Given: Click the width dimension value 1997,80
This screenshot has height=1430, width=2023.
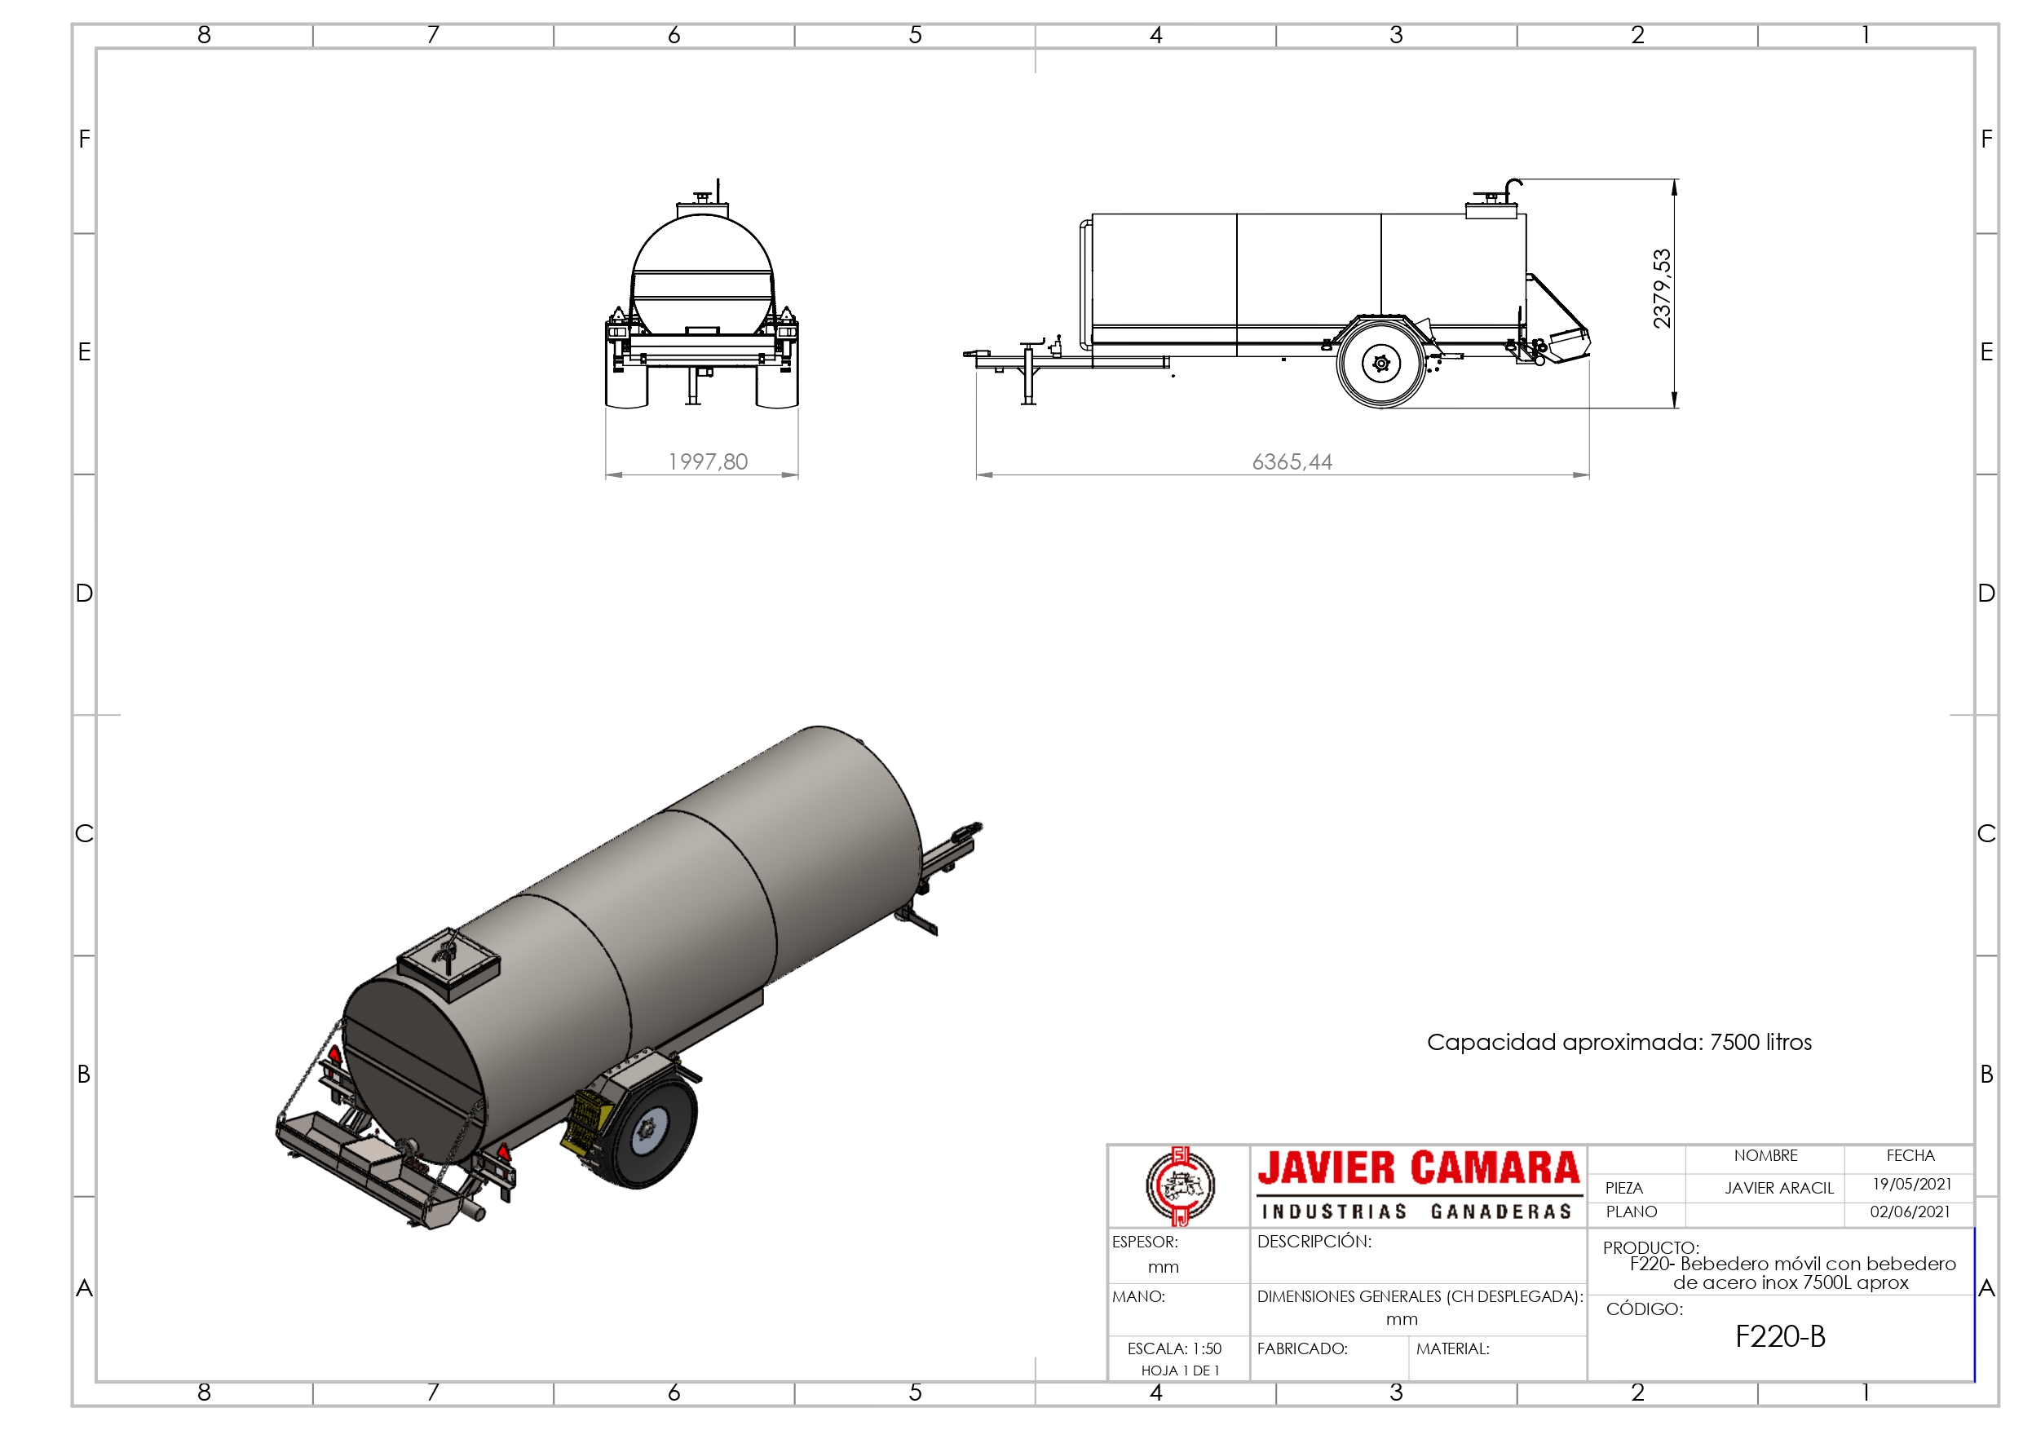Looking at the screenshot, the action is pyautogui.click(x=708, y=461).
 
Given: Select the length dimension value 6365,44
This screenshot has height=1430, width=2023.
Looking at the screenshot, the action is pyautogui.click(x=1292, y=461).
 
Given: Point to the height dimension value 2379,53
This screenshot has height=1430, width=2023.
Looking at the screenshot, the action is pyautogui.click(x=1662, y=289).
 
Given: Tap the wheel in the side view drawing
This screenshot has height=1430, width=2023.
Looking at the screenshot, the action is pyautogui.click(x=1380, y=363).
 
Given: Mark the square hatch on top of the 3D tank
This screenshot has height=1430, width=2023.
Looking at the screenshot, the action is pyautogui.click(x=448, y=964).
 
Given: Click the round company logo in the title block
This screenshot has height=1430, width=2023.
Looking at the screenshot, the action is pyautogui.click(x=1180, y=1186).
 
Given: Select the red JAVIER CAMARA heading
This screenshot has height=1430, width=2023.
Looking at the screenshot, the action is pyautogui.click(x=1419, y=1168).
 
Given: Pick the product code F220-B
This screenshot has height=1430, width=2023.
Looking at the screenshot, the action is pyautogui.click(x=1780, y=1336).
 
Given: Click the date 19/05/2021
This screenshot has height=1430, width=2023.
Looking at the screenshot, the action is pyautogui.click(x=1911, y=1184).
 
